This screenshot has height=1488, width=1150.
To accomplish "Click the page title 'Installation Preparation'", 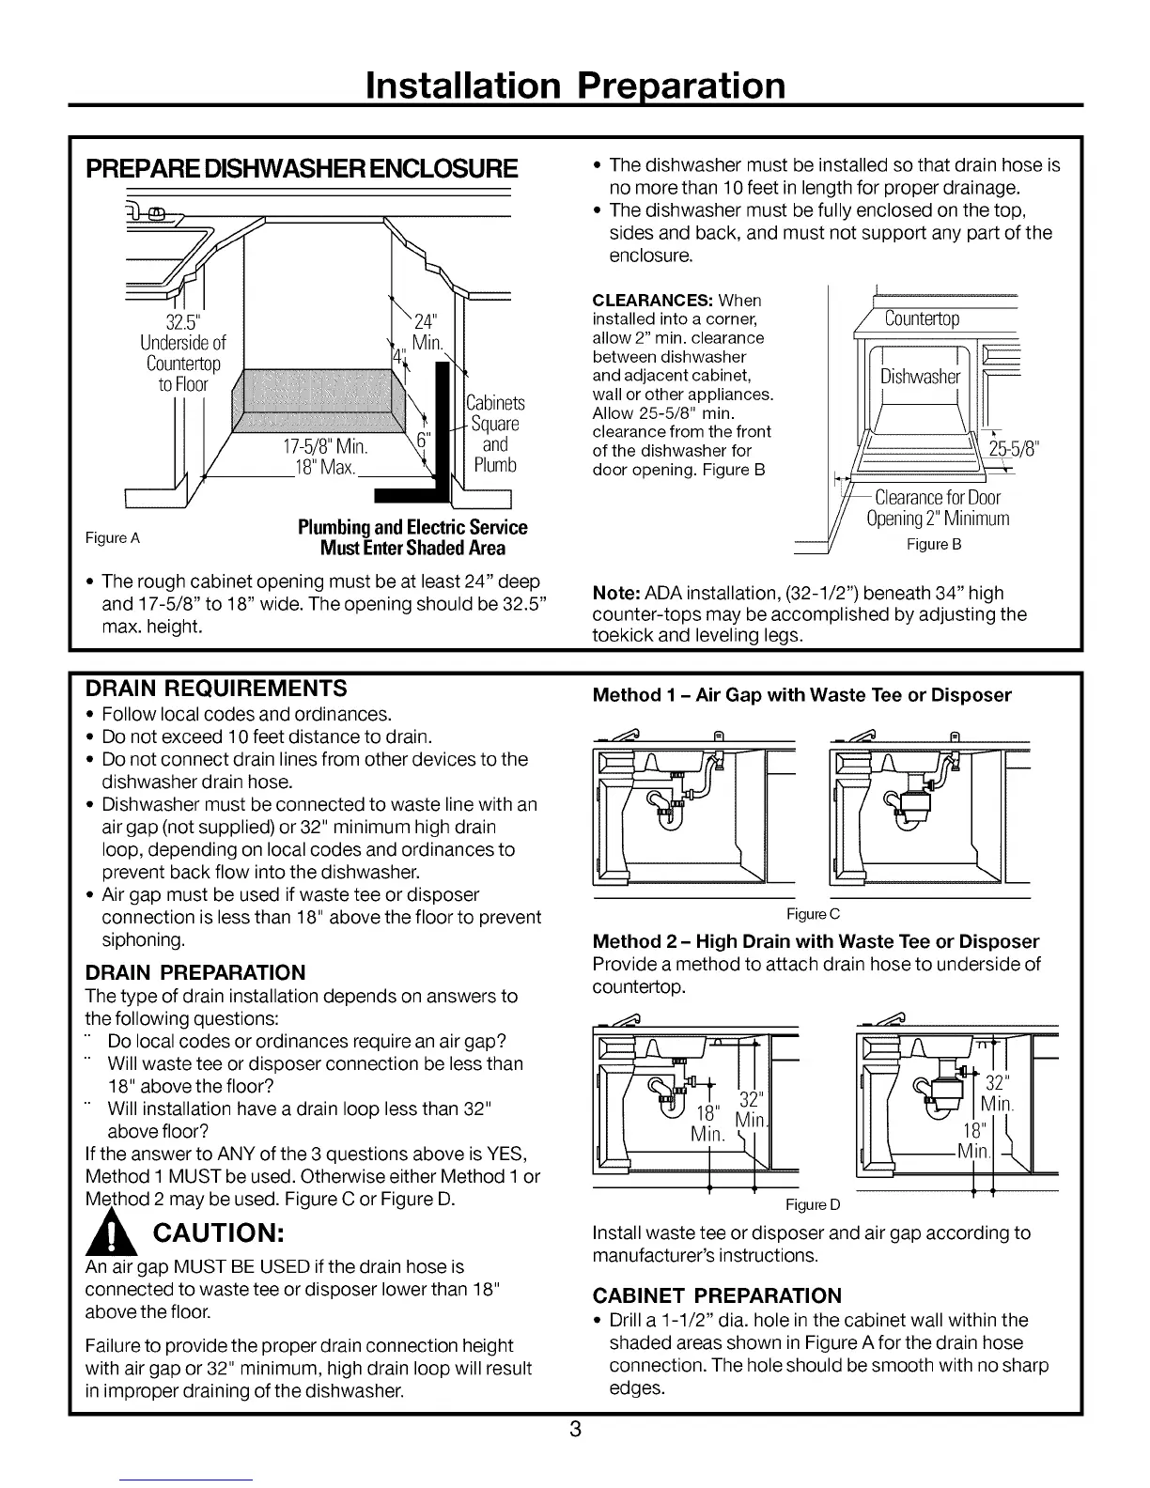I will [575, 85].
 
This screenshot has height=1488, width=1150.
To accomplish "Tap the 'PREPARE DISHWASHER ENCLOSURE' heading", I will [302, 169].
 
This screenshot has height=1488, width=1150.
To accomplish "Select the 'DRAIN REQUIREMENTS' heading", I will [216, 688].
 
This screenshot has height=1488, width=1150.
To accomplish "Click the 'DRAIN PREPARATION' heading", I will [195, 972].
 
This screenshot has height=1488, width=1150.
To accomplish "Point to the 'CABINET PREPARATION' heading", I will [717, 1295].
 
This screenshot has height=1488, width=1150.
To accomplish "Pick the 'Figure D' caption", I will [813, 1204].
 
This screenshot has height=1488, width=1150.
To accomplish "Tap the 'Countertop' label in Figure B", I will [922, 319].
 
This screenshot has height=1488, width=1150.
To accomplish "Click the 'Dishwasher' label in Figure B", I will [920, 377].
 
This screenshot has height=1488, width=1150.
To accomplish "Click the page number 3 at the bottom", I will [575, 1431].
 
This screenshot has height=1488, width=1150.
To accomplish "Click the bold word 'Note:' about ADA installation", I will [615, 593].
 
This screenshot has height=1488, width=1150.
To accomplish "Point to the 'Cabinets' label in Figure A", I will [495, 404].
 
